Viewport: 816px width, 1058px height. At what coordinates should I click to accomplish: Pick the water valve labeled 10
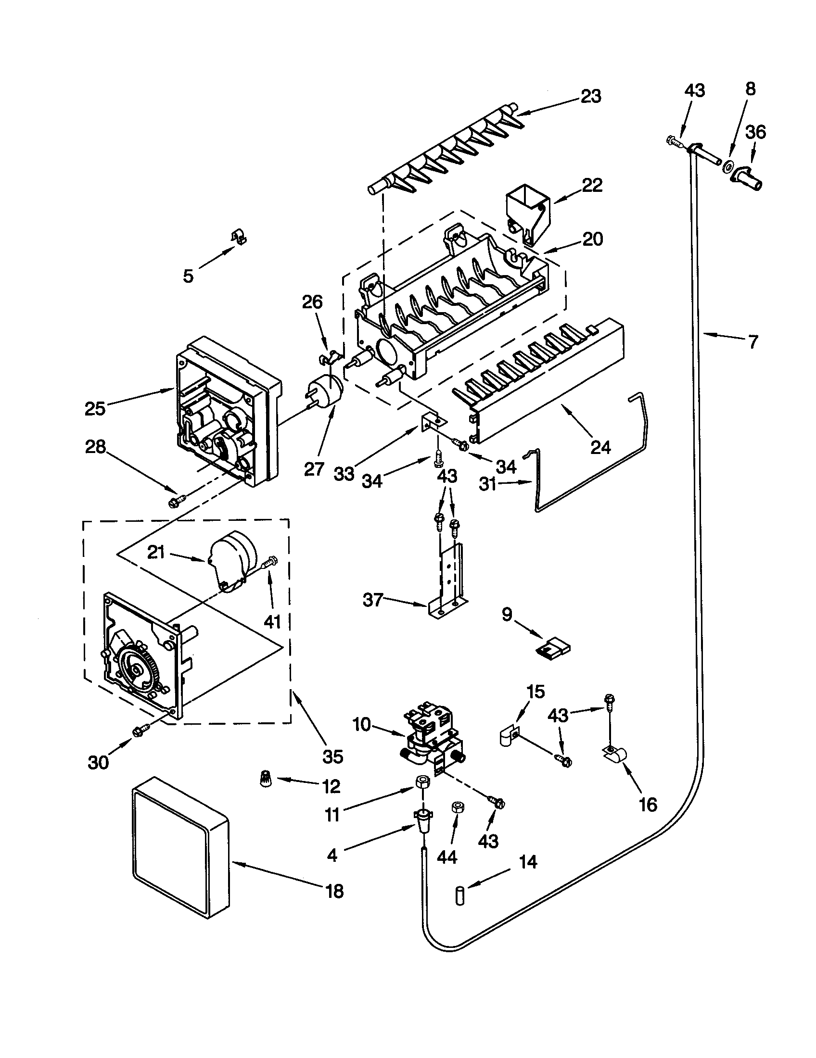[x=432, y=737]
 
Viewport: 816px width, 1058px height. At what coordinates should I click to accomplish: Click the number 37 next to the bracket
[x=373, y=600]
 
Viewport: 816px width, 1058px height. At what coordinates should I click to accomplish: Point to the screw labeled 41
[x=269, y=563]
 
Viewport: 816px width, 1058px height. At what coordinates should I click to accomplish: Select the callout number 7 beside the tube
[x=752, y=341]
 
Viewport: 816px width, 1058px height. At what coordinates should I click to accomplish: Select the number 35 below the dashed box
[x=333, y=756]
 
